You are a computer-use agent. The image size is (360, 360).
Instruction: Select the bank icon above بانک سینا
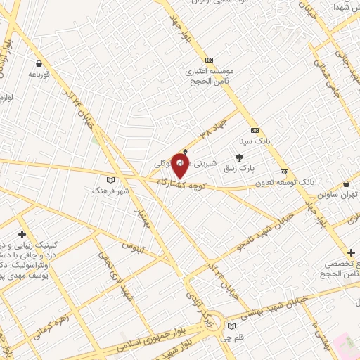pyautogui.click(x=255, y=131)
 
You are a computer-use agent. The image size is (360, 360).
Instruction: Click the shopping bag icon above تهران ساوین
pyautogui.click(x=345, y=184)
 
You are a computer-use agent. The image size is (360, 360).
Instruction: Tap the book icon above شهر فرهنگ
pyautogui.click(x=108, y=180)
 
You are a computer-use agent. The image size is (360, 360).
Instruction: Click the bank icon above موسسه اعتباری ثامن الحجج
pyautogui.click(x=209, y=60)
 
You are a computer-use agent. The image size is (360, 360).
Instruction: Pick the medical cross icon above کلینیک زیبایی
pyautogui.click(x=22, y=234)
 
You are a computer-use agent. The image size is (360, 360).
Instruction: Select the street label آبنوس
pyautogui.click(x=134, y=247)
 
